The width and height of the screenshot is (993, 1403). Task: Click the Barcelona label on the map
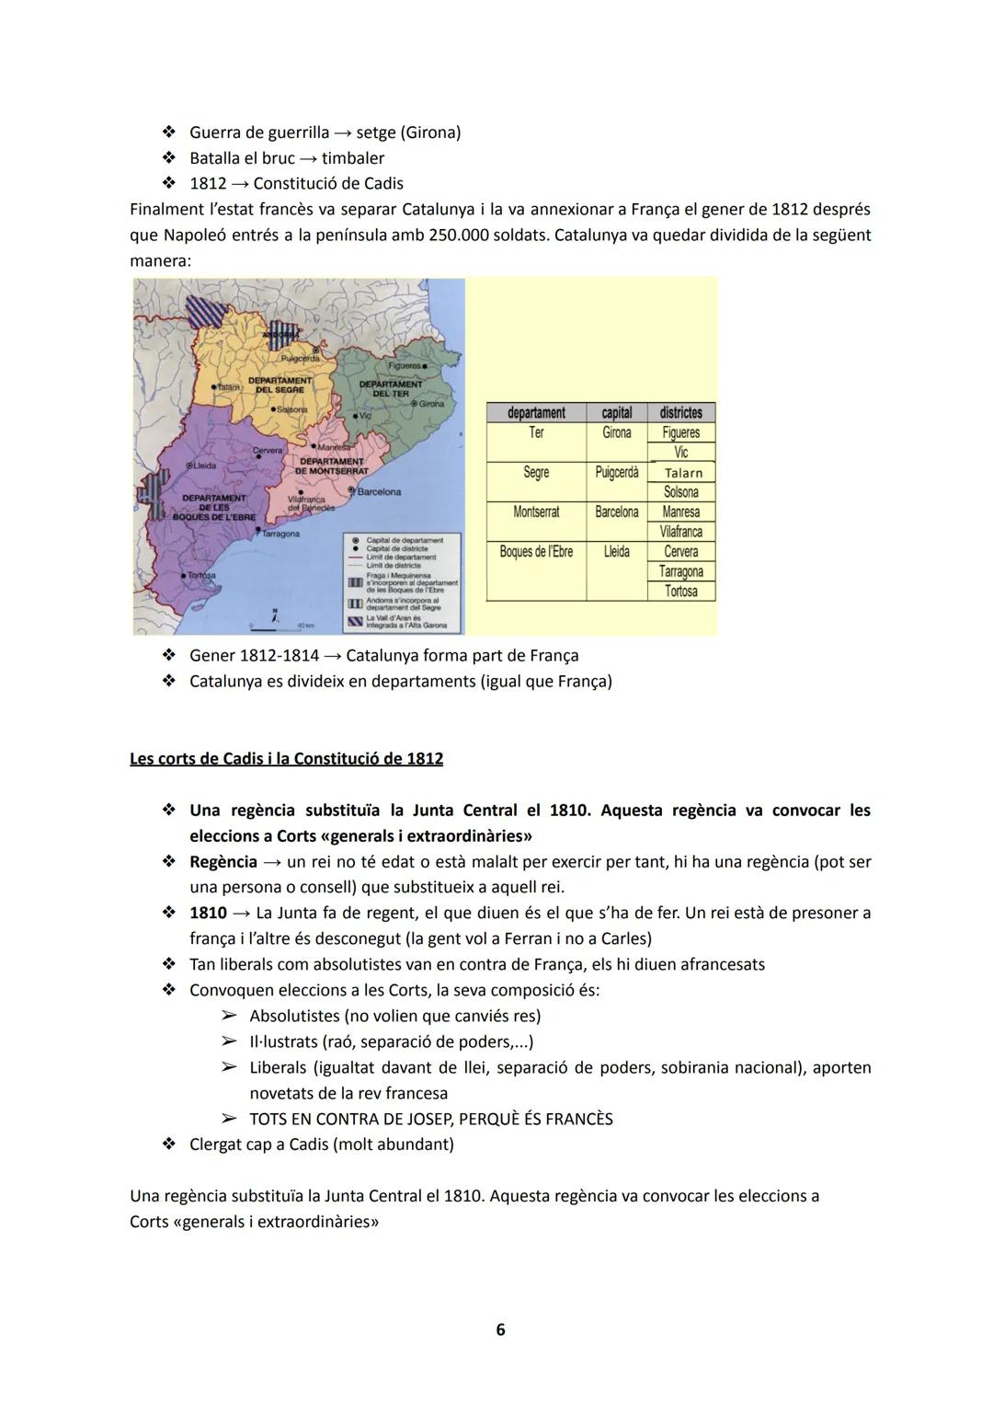pos(379,492)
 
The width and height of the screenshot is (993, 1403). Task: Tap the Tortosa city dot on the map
pos(184,575)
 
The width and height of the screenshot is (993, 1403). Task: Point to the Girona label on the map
pos(432,404)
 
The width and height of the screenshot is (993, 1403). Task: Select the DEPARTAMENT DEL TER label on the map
pos(384,388)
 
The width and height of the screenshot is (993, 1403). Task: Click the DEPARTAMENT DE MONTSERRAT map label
pos(331,466)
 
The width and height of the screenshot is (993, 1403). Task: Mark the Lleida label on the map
pos(204,466)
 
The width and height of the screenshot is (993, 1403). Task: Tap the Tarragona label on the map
pos(281,534)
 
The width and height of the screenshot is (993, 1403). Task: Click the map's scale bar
pos(271,628)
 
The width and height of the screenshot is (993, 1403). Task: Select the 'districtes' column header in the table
pos(680,413)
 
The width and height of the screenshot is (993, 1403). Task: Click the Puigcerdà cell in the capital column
pos(616,472)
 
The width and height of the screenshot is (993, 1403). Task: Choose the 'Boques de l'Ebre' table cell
pos(536,552)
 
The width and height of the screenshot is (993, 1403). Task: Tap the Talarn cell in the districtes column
pos(682,473)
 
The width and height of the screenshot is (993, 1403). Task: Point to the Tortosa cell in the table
pos(681,592)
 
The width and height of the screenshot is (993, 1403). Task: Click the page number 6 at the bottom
pos(500,1329)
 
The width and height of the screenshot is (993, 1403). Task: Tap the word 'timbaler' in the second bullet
pos(353,158)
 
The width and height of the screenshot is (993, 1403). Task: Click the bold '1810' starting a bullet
pos(208,913)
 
